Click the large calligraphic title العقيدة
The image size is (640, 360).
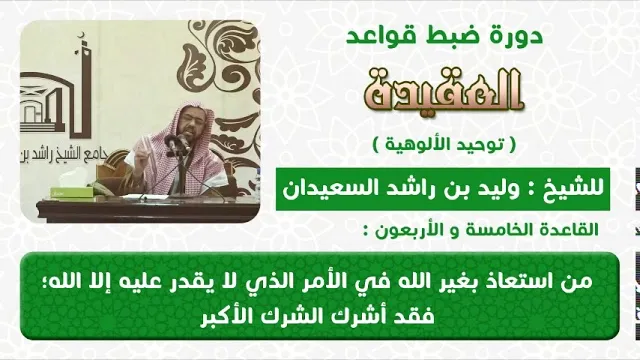444,91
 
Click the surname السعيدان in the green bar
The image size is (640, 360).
319,189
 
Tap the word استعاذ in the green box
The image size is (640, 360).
524,281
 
